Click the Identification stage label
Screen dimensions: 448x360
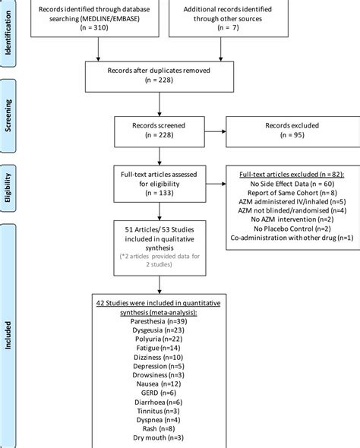[9, 31]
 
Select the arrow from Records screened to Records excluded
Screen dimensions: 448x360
[217, 131]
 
